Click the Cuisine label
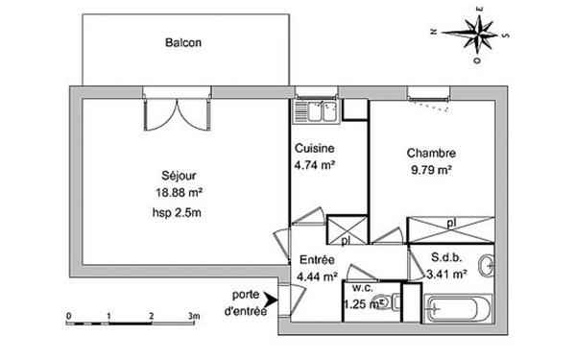tap(314, 149)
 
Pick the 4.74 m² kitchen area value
tap(314, 164)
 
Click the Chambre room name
tap(430, 153)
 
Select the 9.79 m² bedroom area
tap(430, 169)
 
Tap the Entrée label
tap(317, 260)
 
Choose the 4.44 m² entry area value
tap(317, 276)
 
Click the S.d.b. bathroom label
tap(446, 258)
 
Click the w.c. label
tap(362, 287)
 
